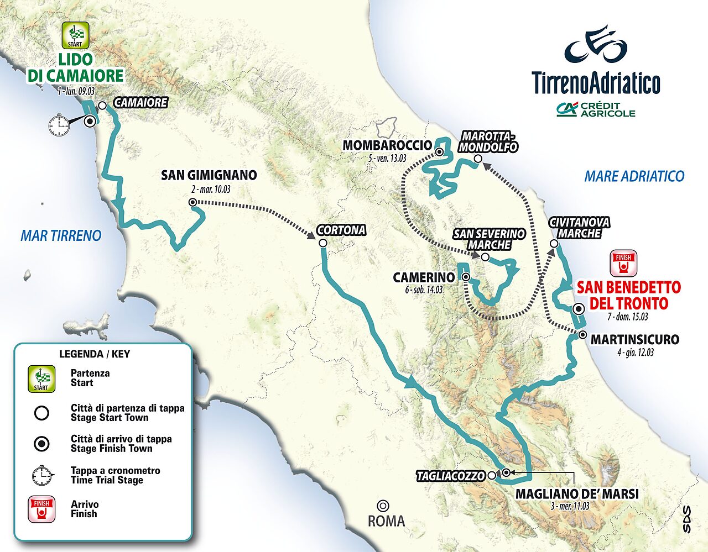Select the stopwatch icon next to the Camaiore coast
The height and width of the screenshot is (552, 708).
click(59, 125)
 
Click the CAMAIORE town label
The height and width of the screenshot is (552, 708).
click(140, 102)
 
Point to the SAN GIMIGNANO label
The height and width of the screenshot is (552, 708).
click(209, 175)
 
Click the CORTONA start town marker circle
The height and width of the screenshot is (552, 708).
click(323, 243)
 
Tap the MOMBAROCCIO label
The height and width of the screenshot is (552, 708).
click(387, 145)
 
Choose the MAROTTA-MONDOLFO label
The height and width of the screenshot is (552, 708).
click(488, 141)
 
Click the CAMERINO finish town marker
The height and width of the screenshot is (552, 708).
click(466, 276)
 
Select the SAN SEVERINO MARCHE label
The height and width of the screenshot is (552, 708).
click(489, 239)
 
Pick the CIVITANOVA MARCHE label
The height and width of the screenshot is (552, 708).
click(579, 228)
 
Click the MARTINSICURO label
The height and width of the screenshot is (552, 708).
click(634, 339)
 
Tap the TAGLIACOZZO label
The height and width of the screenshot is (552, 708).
click(450, 476)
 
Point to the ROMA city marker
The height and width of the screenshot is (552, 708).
click(382, 506)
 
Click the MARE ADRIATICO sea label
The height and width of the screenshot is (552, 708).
click(634, 176)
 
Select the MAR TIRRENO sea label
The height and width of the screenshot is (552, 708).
click(61, 235)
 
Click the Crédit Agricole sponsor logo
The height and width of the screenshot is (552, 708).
click(596, 109)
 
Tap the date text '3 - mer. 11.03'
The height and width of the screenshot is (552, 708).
click(570, 506)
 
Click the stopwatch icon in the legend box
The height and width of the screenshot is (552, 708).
click(41, 475)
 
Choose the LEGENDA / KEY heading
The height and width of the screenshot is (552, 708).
click(95, 354)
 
